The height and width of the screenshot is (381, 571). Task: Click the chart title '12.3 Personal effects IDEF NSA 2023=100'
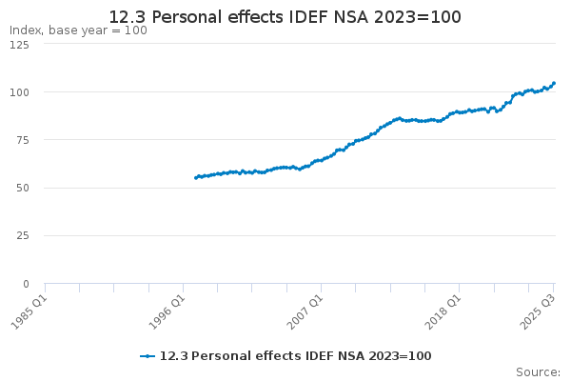pos(285,17)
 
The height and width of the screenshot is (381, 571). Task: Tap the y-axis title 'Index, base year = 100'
pos(78,30)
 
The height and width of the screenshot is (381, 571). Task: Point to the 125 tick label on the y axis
pos(19,45)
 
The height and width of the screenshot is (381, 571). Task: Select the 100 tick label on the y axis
pos(19,92)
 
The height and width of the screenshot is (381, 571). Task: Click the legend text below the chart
pos(295,356)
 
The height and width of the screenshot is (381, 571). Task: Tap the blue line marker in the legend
pos(148,356)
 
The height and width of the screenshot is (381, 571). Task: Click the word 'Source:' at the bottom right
pos(538,371)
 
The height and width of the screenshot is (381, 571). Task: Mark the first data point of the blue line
pos(195,178)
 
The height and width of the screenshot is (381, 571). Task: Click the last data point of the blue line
pos(554,83)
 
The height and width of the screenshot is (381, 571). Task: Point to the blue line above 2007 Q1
pos(321,160)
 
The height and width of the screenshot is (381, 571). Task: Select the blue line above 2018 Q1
pos(459,111)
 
